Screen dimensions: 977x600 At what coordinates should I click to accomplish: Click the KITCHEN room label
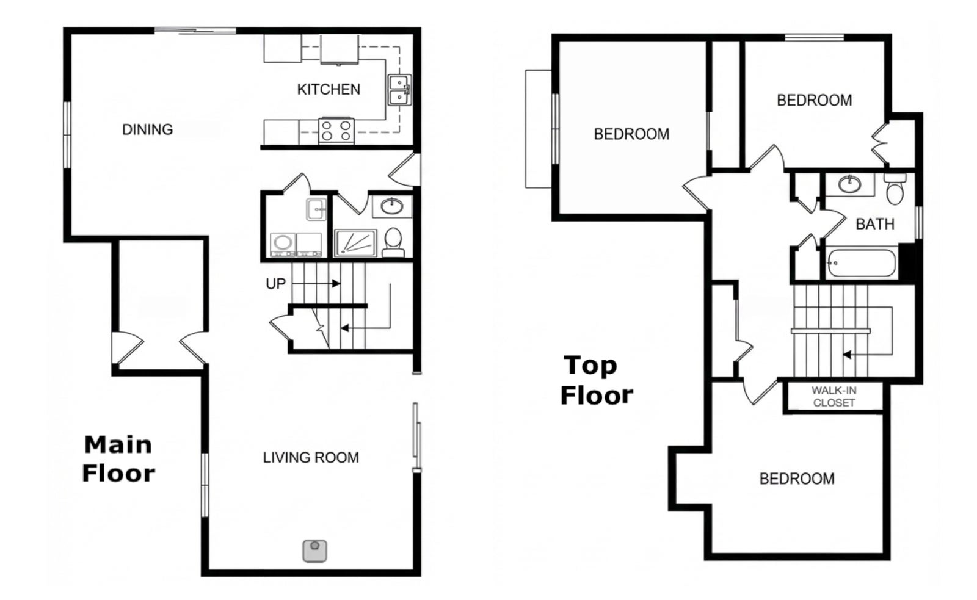(329, 89)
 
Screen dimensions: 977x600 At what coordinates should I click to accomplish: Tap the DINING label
(147, 129)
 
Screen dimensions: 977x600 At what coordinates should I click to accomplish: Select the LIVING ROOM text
(311, 457)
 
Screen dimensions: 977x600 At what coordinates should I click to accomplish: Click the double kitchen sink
(399, 90)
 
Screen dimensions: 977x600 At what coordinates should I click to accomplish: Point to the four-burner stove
(336, 131)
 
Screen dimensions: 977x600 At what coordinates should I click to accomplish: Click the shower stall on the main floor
(355, 243)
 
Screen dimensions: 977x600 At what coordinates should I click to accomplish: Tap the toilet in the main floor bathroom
(393, 242)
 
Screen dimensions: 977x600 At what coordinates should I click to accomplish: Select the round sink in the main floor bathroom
(391, 206)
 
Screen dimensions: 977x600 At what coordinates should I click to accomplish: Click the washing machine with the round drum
(283, 245)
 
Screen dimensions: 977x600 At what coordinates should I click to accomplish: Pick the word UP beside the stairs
(275, 284)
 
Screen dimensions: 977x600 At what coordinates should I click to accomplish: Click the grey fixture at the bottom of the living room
(315, 551)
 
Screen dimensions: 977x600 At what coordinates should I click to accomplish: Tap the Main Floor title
(118, 459)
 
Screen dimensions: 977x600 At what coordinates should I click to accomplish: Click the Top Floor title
(596, 380)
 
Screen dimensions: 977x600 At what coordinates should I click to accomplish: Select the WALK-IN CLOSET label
(834, 397)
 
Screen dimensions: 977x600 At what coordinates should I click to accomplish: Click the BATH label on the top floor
(875, 224)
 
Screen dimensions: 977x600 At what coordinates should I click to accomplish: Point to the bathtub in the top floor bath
(862, 262)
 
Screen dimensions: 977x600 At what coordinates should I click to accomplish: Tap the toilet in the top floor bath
(895, 189)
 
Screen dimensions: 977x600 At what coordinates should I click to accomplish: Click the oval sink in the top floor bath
(849, 184)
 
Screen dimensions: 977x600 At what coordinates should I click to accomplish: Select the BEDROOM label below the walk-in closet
(797, 479)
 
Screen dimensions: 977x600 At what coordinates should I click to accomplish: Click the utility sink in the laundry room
(316, 209)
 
